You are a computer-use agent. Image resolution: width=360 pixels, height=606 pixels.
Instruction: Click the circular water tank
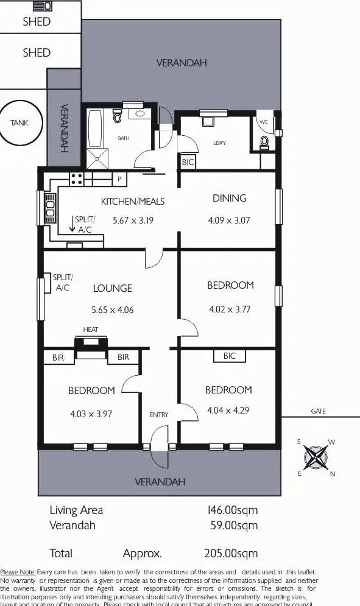pos(19,122)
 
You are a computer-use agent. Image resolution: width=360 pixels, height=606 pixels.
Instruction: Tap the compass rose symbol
pos(316,457)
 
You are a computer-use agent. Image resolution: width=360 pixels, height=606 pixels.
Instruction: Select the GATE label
pos(318,411)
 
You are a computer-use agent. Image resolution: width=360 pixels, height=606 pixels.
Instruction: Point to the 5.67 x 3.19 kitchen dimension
pos(133,220)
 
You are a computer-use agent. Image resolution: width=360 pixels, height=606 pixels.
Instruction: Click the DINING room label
pos(229,198)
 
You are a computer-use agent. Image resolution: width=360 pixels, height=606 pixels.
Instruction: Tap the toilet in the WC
pos(264,142)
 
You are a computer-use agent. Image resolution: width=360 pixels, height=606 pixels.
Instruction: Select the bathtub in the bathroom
pos(95,130)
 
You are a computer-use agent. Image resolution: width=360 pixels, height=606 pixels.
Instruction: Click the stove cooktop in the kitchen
pos(77,179)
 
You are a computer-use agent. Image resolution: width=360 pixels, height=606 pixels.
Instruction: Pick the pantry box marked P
pos(119,180)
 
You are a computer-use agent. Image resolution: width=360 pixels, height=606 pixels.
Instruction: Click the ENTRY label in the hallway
pos(158,415)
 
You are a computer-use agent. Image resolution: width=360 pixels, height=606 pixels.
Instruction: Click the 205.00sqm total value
pos(231,554)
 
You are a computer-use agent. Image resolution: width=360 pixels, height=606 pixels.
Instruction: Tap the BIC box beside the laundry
pos(188,163)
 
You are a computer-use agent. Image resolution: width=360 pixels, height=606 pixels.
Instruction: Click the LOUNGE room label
pos(112,288)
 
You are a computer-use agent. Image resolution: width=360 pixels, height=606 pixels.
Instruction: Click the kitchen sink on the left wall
pos(49,208)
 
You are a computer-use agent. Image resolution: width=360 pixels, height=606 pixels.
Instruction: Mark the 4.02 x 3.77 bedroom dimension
pos(230,309)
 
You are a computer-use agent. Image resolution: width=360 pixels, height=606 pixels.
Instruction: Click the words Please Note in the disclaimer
pos(18,572)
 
